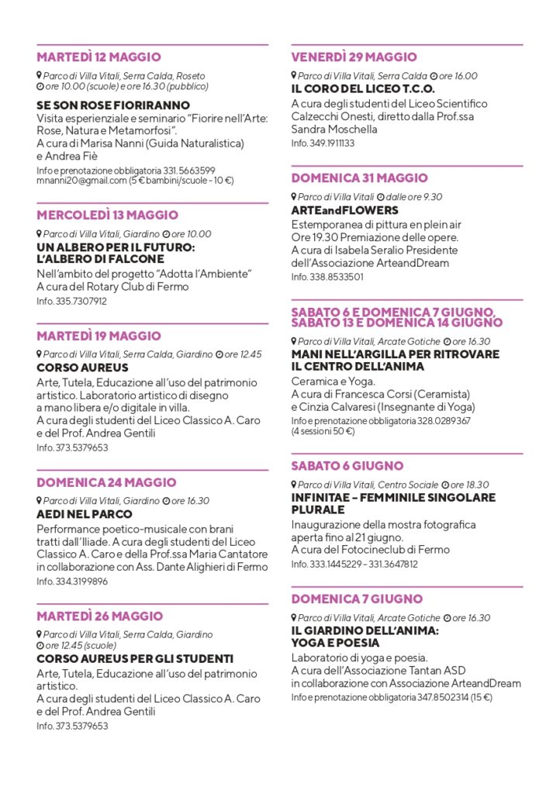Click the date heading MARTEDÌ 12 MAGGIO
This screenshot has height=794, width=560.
pos(99,57)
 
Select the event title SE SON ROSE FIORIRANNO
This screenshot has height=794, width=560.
pos(113,105)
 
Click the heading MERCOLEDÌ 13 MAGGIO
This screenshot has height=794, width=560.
pos(107,215)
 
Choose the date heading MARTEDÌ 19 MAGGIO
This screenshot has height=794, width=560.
pos(99,336)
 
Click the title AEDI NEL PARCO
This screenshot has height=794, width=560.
pos(85,514)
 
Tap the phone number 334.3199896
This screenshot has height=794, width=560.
pos(81,581)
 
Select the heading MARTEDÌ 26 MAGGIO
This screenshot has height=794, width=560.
pos(99,616)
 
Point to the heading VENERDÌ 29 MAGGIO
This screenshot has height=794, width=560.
pos(354,57)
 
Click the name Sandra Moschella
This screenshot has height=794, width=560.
pos(334,129)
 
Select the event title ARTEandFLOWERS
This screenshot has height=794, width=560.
pos(344,210)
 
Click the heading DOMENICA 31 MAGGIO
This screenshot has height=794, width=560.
pos(359,178)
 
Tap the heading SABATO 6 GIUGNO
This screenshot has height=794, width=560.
pos(347,466)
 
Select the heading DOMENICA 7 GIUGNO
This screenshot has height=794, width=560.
pos(357,599)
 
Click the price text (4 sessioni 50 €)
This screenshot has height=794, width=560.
pos(323,431)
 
